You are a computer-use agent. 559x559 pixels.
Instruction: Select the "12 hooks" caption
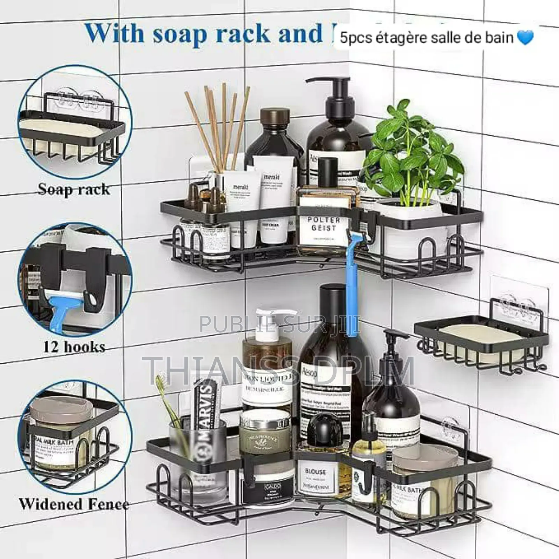pyautogui.click(x=74, y=347)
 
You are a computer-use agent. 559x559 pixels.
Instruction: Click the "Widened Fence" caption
pyautogui.click(x=74, y=504)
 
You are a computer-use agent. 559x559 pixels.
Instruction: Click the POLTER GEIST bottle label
pyautogui.click(x=324, y=224)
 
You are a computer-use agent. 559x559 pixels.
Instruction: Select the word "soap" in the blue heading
pyautogui.click(x=185, y=34)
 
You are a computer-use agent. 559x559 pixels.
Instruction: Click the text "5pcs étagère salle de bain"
pyautogui.click(x=426, y=38)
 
